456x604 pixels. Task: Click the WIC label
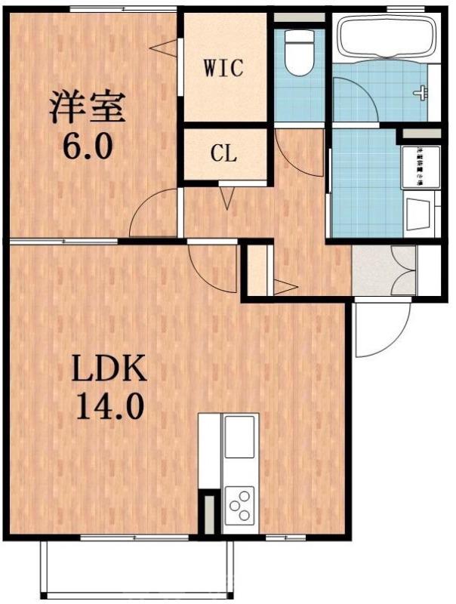[x=224, y=69]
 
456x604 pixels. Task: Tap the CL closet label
[x=223, y=156]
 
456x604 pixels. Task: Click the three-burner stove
[x=240, y=504]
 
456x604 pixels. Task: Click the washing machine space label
[x=416, y=165]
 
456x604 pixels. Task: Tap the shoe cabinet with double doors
[x=384, y=270]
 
